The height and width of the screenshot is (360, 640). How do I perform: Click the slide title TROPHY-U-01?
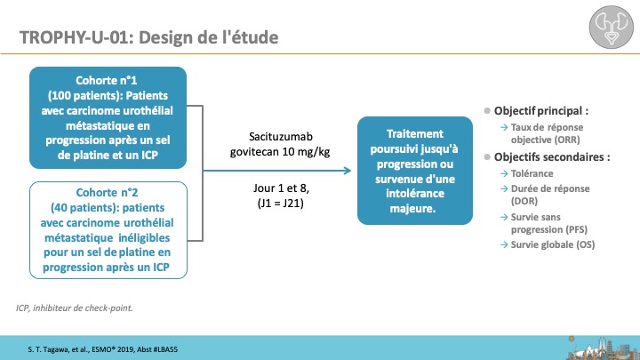point(76,37)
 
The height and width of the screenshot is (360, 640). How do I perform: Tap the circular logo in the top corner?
point(611,27)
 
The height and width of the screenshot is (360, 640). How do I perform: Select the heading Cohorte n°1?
point(106,80)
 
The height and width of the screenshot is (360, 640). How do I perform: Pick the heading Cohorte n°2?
point(107,192)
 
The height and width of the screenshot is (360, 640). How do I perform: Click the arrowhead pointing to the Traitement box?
point(348,171)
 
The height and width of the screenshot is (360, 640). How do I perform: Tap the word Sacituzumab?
point(281,136)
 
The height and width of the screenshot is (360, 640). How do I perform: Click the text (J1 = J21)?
point(280,203)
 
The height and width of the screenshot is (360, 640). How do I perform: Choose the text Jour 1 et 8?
point(281,188)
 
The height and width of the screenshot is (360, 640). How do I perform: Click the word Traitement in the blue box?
point(415,134)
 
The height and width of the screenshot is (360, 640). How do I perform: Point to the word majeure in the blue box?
point(412,208)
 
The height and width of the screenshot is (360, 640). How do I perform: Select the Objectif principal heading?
point(541,110)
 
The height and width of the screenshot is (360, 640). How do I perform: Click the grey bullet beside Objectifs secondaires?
point(487,156)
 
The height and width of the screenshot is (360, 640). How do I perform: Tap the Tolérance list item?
point(532,173)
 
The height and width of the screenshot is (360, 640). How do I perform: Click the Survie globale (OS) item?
point(553,244)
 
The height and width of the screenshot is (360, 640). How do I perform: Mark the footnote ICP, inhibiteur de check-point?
point(75,308)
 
